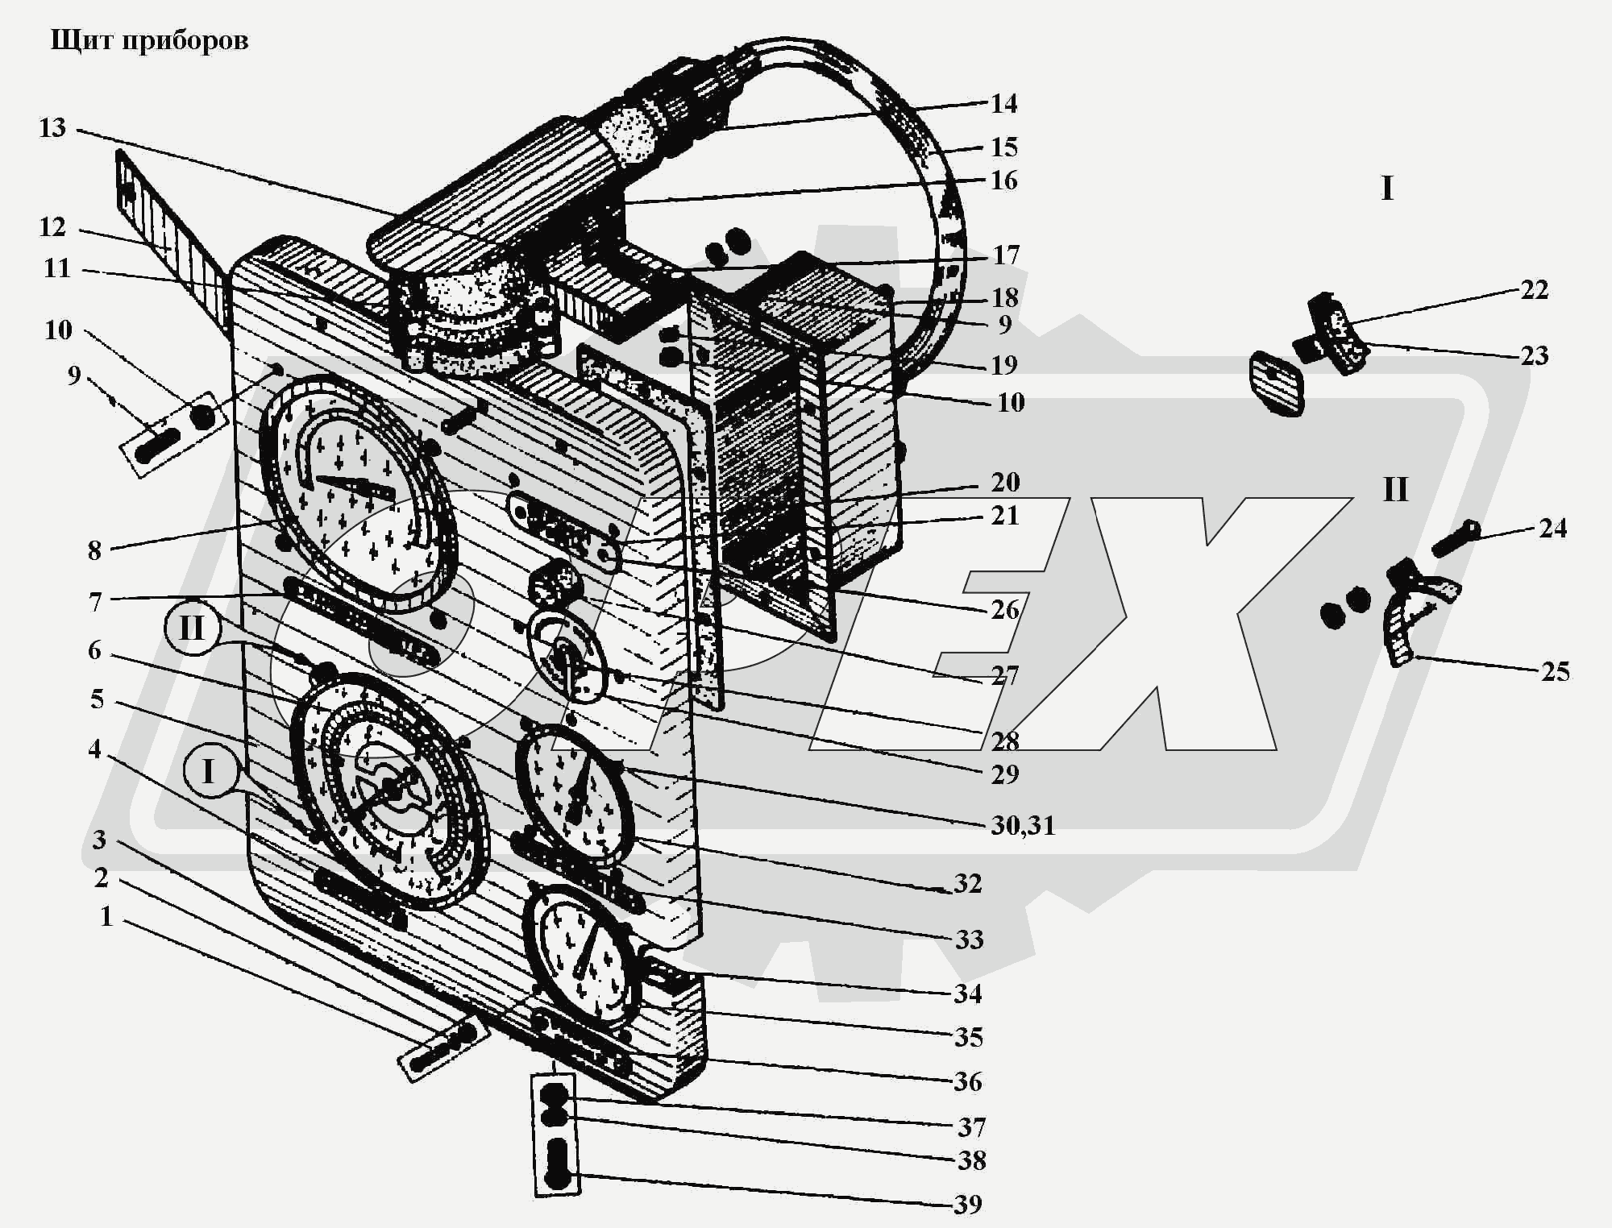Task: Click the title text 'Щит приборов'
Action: [x=149, y=40]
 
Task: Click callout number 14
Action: [x=1003, y=104]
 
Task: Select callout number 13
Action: [x=52, y=128]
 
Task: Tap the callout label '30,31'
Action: [x=1022, y=825]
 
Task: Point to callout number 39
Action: [x=968, y=1205]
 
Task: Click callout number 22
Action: [x=1534, y=290]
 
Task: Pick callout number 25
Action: [x=1555, y=672]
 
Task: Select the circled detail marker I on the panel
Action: [x=208, y=771]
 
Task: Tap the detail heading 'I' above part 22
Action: [x=1386, y=189]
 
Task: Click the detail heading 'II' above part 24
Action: [x=1395, y=490]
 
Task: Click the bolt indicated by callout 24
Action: [x=1455, y=539]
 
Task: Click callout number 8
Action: [x=94, y=550]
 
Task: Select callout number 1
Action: [x=106, y=916]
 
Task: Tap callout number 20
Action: [x=1005, y=483]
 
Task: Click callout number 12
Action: [x=52, y=227]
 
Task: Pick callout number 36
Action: [x=968, y=1081]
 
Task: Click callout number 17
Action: [x=1005, y=255]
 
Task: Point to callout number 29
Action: [x=1005, y=774]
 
